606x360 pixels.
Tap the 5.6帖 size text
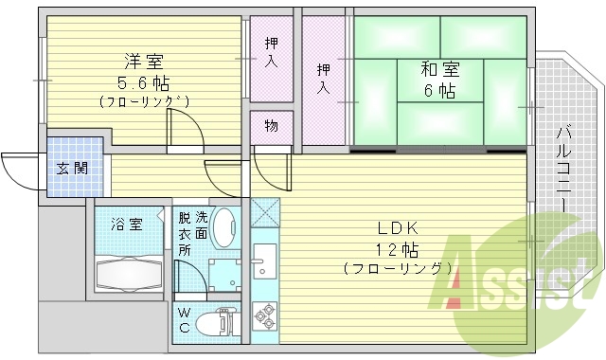[134, 81]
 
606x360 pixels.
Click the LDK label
[397, 228]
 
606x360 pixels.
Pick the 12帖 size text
[397, 249]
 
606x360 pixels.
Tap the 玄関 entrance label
[71, 169]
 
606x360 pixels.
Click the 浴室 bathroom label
[127, 225]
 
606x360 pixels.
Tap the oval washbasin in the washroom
[226, 228]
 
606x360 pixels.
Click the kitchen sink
[264, 258]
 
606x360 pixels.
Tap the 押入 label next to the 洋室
[272, 52]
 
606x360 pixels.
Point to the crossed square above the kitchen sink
[265, 211]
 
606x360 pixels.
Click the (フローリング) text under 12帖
[397, 269]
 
